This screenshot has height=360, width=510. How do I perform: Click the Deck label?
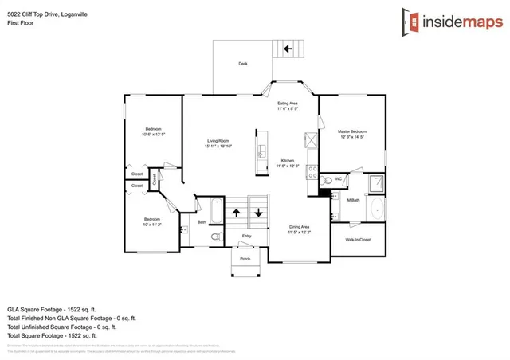[x=243, y=64]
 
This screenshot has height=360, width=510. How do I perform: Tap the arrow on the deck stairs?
[x=287, y=49]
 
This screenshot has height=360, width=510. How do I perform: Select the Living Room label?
[x=218, y=141]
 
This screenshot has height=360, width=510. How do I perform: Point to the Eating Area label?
[x=288, y=104]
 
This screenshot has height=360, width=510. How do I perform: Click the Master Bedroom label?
[x=351, y=131]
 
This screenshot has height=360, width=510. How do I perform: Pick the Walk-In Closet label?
[x=356, y=239]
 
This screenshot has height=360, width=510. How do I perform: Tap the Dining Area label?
[x=300, y=227]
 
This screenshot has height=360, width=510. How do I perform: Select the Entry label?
[x=246, y=236]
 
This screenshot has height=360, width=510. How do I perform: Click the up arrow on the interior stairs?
[x=237, y=213]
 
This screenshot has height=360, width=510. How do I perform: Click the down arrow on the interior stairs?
[x=258, y=213]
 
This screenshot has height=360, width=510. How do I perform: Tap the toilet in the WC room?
[x=326, y=181]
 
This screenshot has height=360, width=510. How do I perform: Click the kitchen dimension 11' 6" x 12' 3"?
[x=288, y=166]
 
